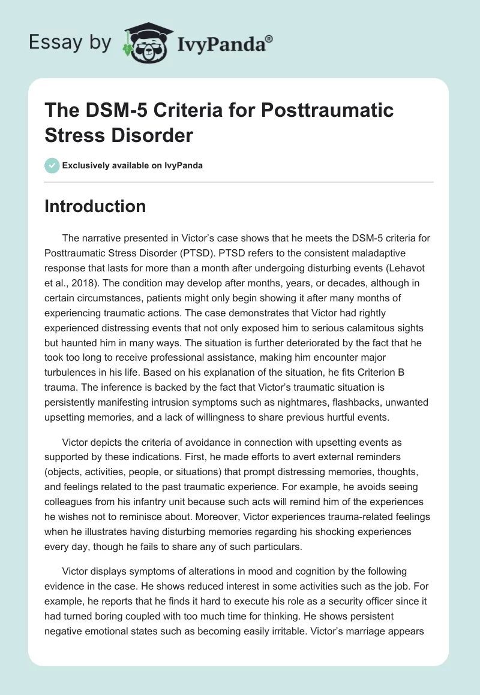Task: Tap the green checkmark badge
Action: (x=52, y=165)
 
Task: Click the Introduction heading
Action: (x=95, y=207)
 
